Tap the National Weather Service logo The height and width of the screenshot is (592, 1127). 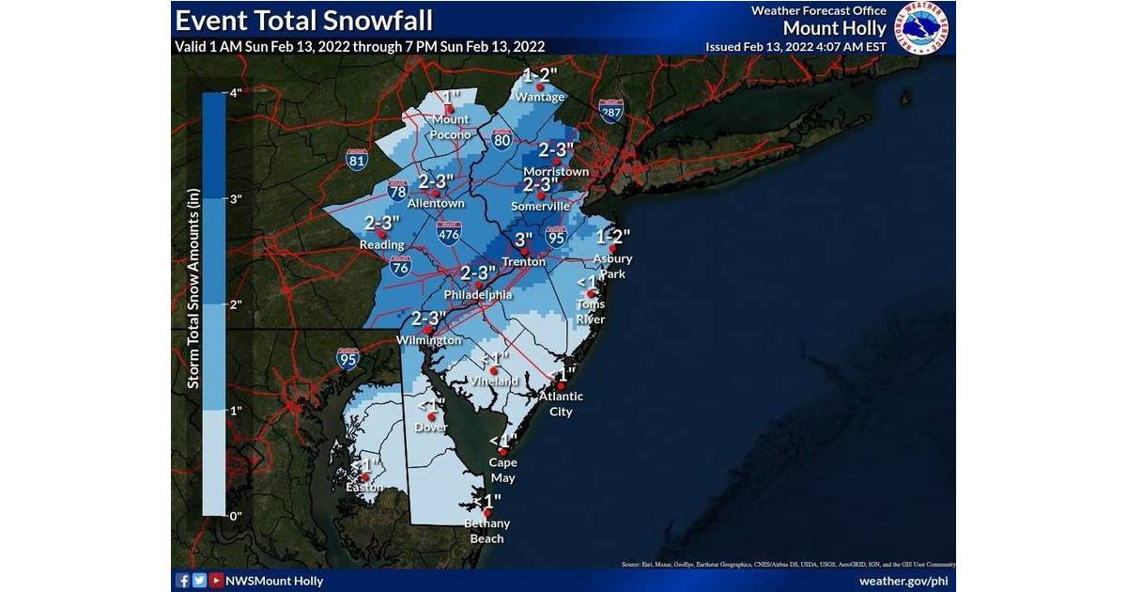pos(921,28)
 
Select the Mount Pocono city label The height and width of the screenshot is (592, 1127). pos(451,127)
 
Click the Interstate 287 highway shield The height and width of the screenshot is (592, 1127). pos(611,112)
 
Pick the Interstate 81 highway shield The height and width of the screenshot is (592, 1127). pos(356,160)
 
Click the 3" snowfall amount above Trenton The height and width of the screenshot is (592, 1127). pos(523,240)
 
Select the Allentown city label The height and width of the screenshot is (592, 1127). pos(437,203)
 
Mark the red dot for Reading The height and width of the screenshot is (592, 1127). pos(382,234)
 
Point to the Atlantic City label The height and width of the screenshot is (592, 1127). pos(561,403)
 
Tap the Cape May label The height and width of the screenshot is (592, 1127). pos(502,470)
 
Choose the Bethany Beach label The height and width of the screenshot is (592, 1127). pos(487,531)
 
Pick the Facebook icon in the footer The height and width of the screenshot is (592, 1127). pos(183,581)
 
